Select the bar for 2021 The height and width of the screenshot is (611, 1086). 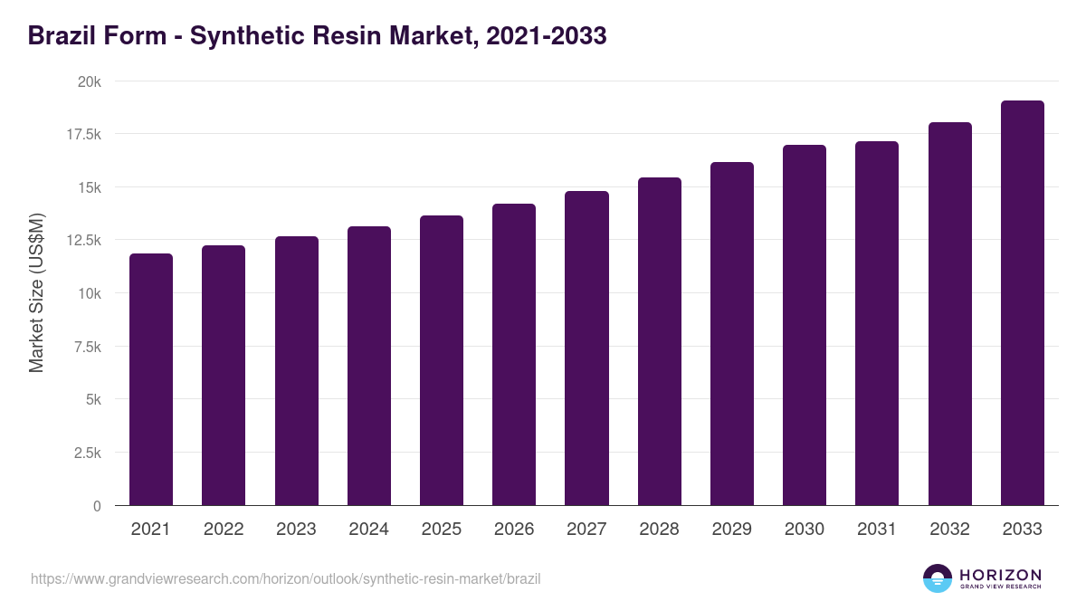151,379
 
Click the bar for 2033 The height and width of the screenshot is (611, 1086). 1022,303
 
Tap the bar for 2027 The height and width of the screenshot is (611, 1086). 586,348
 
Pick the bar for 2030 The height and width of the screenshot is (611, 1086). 805,325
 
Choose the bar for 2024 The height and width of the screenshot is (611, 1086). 369,366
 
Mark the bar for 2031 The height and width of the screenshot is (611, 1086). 877,323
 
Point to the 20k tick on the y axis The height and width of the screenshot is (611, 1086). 88,81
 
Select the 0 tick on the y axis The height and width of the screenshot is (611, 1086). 96,506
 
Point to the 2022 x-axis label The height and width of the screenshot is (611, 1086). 224,530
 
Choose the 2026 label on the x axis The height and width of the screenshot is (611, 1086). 514,530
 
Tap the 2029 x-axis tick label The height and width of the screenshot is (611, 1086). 731,530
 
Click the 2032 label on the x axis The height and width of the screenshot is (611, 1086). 949,530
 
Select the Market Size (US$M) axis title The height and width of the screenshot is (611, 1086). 36,292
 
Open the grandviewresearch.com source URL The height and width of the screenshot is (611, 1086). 285,578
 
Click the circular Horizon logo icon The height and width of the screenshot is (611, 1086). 938,578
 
